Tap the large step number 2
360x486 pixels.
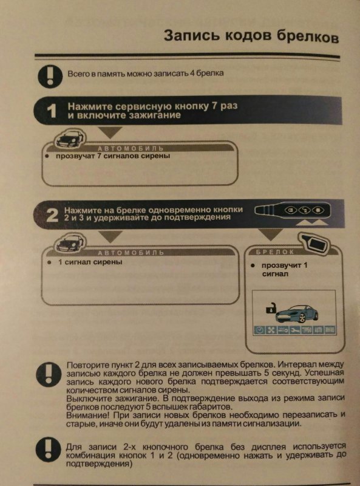(x=53, y=215)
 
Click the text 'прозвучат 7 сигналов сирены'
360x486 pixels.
(x=113, y=156)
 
